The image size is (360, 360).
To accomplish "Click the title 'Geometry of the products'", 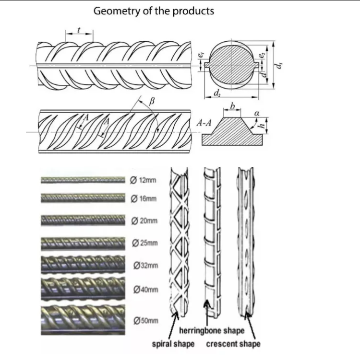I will pos(154,11).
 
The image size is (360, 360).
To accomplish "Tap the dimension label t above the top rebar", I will pos(80,30).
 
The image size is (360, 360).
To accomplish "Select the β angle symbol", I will pos(153,101).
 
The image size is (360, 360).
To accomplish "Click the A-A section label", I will pos(204,123).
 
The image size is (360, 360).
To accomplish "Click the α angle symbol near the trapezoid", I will pos(257,112).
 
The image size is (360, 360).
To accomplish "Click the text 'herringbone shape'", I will pos(212,331).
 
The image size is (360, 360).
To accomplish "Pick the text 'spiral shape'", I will pos(173,344).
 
